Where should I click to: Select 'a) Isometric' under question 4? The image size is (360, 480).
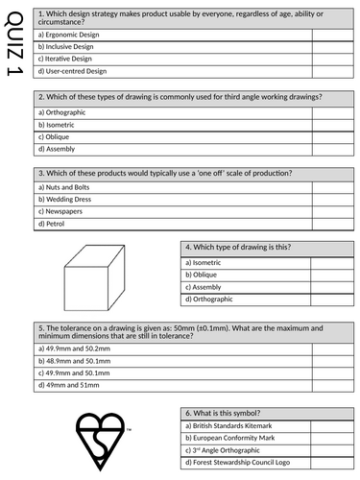click(206, 261)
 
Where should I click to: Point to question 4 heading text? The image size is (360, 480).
click(238, 247)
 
